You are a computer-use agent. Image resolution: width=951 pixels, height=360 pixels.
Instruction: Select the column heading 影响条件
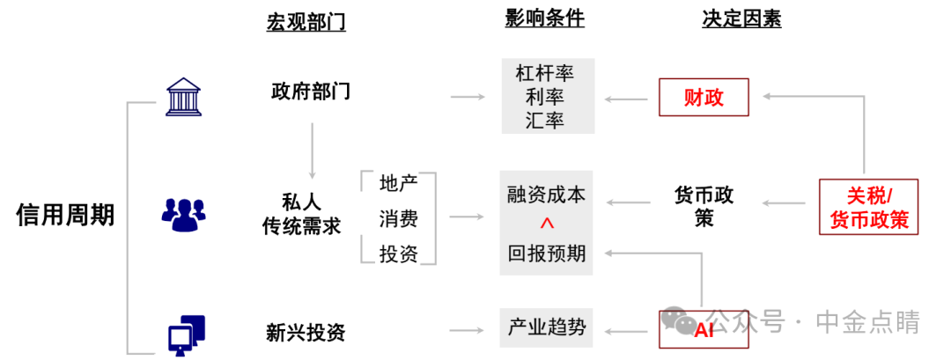(545, 19)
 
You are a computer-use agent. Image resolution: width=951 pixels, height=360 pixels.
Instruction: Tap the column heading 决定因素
(741, 19)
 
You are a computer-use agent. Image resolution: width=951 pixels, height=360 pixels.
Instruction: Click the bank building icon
(185, 97)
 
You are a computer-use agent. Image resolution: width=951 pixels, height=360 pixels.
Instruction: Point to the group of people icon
(184, 214)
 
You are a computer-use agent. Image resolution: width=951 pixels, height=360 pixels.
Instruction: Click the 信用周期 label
(65, 215)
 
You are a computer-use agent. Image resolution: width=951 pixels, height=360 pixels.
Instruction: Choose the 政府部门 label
(311, 91)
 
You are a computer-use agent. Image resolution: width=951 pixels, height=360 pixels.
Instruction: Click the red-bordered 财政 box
(704, 97)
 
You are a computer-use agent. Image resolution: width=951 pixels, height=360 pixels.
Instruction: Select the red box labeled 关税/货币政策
(869, 207)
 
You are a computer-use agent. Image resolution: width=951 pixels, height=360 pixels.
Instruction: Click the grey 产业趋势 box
(547, 329)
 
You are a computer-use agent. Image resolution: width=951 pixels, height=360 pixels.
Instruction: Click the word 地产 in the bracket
(399, 184)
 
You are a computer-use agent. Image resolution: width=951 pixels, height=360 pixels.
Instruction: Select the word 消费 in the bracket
(399, 218)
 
